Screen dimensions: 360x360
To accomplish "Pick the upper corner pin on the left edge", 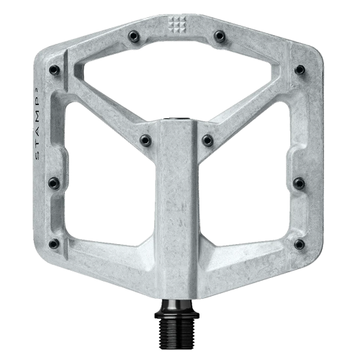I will coord(54,70).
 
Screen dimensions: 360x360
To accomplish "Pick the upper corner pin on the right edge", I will coord(300,70).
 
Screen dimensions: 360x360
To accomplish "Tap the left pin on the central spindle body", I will coord(145,139).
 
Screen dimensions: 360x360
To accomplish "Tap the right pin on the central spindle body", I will coord(207,139).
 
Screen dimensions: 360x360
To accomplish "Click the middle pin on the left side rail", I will coord(53,183).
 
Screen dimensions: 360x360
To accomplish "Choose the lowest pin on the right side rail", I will coord(299,244).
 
